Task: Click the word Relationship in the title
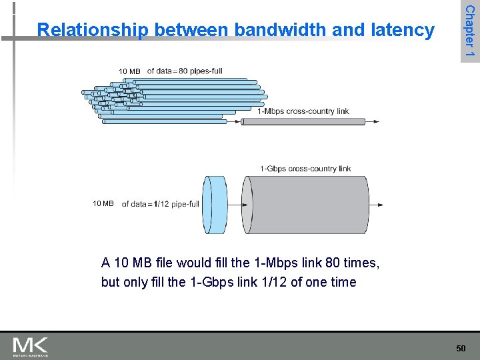point(92,30)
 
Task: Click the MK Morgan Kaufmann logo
point(31,346)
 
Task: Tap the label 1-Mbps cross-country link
point(303,111)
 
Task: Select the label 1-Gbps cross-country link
point(305,169)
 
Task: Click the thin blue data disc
point(215,204)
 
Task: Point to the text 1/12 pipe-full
point(176,204)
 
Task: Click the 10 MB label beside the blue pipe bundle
point(129,71)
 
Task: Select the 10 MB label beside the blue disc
point(103,203)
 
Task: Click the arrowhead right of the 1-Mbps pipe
point(377,121)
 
